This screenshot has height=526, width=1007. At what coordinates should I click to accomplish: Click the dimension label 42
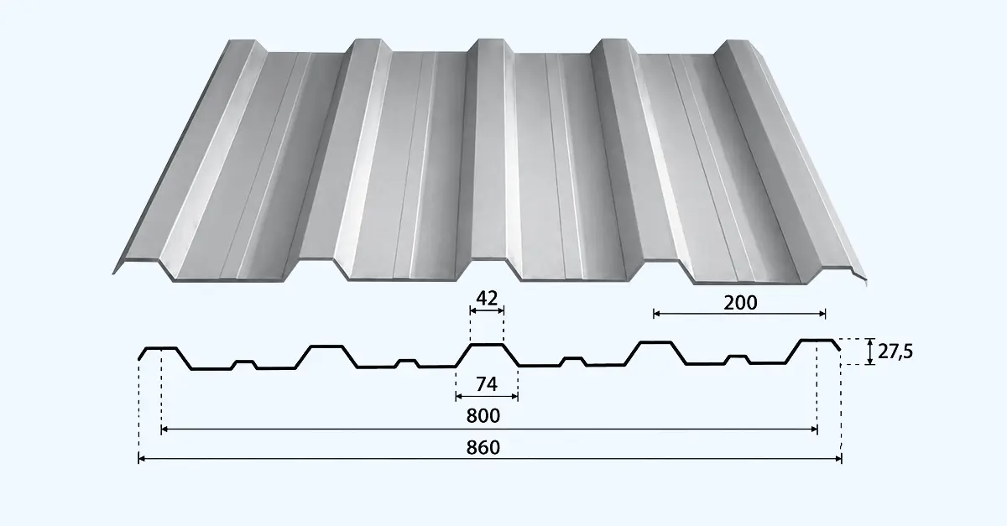click(x=487, y=298)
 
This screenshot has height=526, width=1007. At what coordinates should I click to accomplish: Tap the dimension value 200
click(x=740, y=303)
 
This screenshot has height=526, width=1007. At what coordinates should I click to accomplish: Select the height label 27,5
click(x=895, y=352)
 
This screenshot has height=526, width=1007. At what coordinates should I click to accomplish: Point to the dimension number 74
click(x=487, y=384)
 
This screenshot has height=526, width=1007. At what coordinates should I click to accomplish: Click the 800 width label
click(x=483, y=415)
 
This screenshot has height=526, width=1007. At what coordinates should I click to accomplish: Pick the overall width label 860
click(x=483, y=447)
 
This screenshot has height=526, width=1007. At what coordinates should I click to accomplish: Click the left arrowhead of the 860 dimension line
click(x=141, y=459)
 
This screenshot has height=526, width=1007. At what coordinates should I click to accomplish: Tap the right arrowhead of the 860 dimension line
click(x=838, y=459)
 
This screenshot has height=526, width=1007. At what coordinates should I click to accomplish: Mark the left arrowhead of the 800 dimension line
click(x=164, y=430)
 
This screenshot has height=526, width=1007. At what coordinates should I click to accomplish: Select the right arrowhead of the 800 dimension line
click(x=814, y=430)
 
